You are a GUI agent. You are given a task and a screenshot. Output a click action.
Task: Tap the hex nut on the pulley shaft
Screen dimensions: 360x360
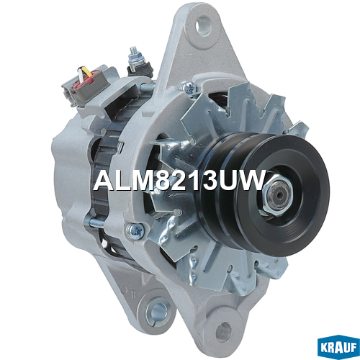(277, 194)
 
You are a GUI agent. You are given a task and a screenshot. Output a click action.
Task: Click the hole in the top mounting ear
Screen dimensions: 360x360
(203, 26)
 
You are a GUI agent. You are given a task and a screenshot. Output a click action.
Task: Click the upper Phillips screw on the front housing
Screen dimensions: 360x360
(189, 86)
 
